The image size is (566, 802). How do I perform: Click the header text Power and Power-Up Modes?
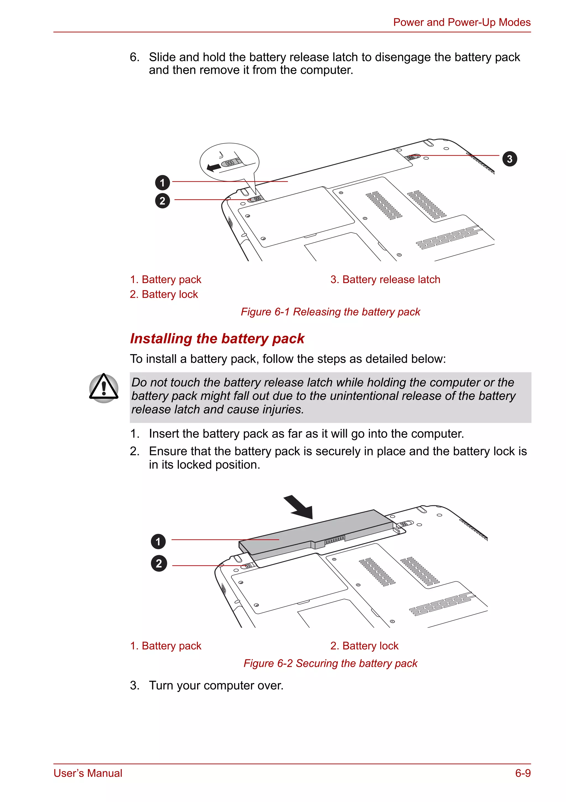point(461,22)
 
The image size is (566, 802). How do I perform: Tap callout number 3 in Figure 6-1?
point(509,159)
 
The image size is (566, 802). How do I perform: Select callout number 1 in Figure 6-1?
point(162,182)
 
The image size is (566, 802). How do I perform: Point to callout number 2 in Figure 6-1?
point(162,201)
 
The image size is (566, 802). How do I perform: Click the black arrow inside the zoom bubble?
point(214,167)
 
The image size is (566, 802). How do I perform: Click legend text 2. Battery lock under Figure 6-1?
point(164,294)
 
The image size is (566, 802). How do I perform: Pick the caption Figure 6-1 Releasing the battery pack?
point(330,312)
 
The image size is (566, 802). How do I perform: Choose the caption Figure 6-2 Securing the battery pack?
point(330,663)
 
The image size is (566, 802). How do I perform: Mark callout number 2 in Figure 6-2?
point(159,563)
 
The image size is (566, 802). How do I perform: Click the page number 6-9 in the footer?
point(523,773)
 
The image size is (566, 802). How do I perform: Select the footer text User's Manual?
point(88,773)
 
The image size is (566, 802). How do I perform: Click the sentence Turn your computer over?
point(216,685)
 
